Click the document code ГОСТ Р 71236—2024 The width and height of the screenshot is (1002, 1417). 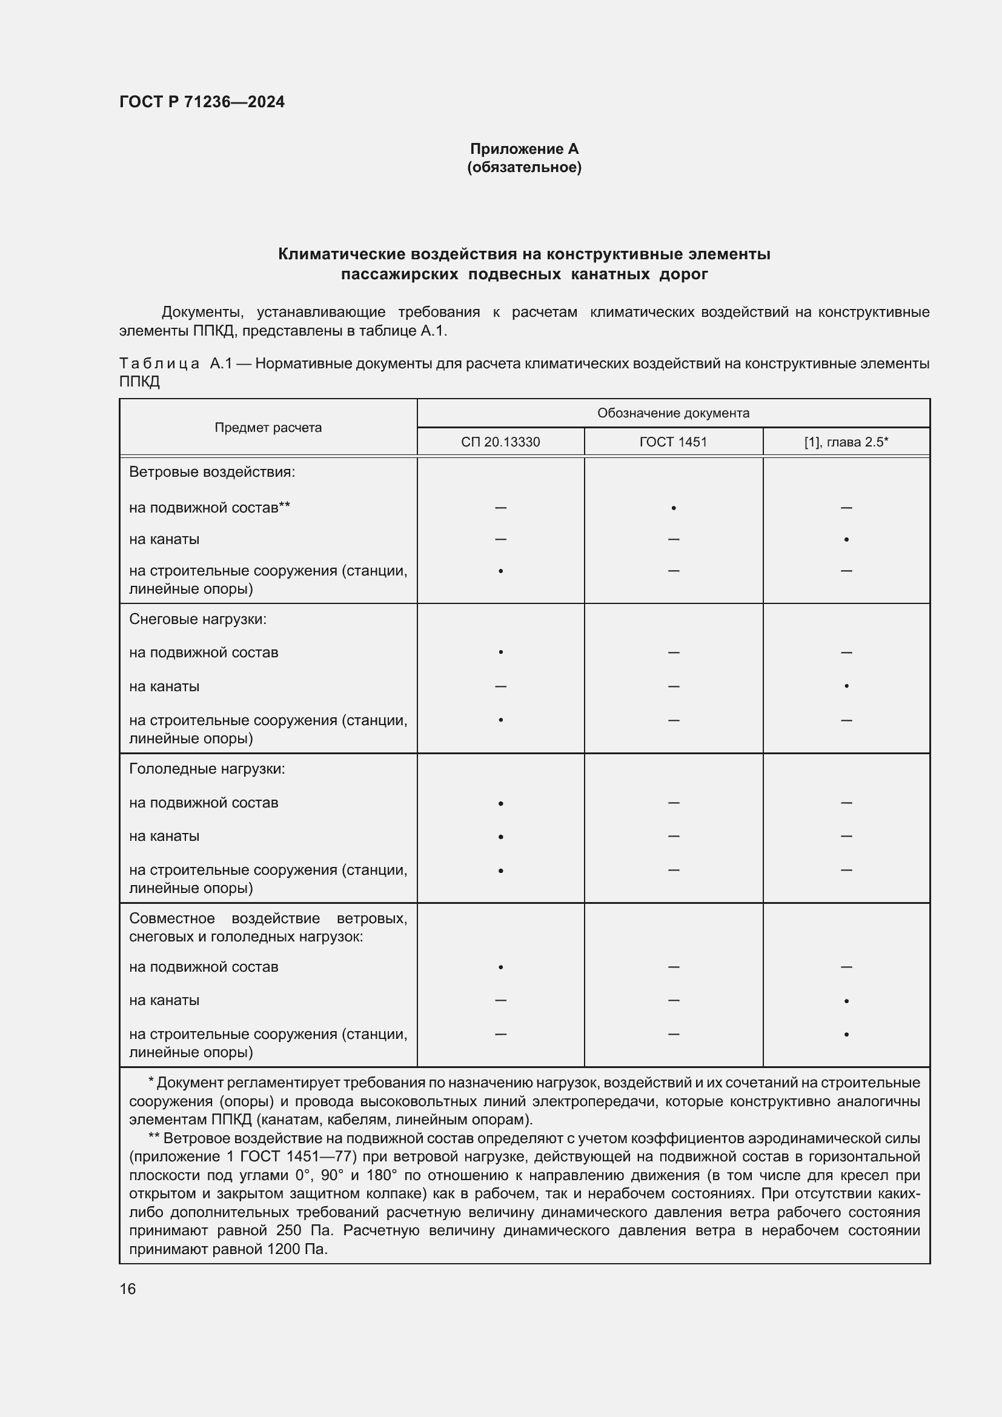[x=202, y=102]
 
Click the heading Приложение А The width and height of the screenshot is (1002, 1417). [x=524, y=149]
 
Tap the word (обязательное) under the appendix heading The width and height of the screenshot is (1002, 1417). [x=524, y=167]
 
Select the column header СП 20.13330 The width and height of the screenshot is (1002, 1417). [x=500, y=442]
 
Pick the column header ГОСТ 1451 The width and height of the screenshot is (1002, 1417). [x=673, y=442]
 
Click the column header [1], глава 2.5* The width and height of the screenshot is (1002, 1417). [x=846, y=442]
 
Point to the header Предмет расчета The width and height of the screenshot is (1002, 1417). [x=268, y=427]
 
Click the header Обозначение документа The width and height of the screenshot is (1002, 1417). [x=673, y=413]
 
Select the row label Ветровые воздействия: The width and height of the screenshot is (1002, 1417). [x=212, y=472]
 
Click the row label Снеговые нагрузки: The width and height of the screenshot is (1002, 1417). [x=197, y=619]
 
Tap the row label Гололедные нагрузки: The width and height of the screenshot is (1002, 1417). [x=207, y=769]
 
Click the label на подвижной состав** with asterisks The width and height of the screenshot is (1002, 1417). [x=209, y=508]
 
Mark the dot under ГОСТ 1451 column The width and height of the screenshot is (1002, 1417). [x=673, y=508]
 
